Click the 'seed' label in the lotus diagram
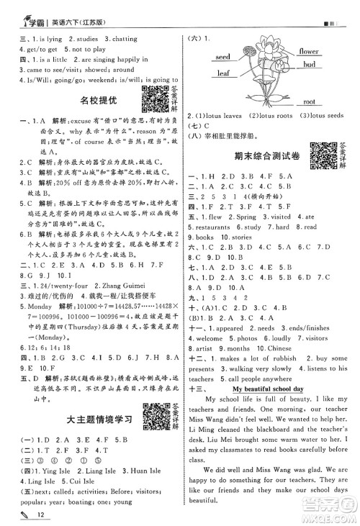pos(222,56)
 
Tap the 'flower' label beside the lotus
pos(309,52)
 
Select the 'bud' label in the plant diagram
pos(310,65)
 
